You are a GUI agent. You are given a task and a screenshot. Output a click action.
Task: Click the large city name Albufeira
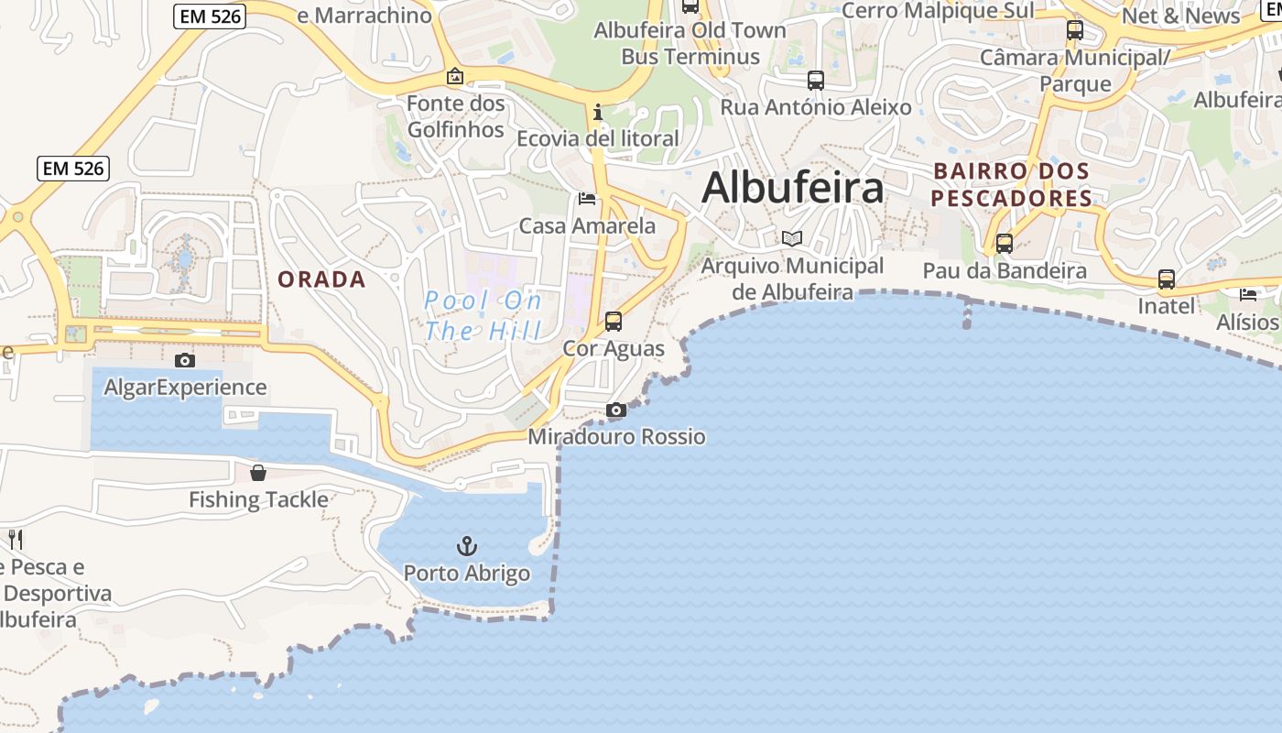click(x=792, y=188)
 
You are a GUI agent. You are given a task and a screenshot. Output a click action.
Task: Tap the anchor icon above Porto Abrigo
click(x=467, y=546)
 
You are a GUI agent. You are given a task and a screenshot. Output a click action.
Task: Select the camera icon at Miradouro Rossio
click(x=616, y=410)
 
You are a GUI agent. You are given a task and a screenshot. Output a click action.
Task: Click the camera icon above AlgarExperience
click(x=185, y=360)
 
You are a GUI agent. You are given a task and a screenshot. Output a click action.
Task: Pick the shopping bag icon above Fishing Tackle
click(x=258, y=473)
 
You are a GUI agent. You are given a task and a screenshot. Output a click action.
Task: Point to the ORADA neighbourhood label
click(x=321, y=279)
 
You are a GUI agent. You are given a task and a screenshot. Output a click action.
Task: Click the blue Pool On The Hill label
click(x=483, y=315)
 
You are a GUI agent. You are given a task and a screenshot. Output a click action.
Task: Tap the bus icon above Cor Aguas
click(x=614, y=322)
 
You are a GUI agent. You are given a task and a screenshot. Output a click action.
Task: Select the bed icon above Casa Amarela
click(x=587, y=199)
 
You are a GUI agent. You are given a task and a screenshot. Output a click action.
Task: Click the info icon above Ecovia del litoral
click(x=598, y=112)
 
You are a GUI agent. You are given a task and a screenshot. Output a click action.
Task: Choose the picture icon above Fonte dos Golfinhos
click(x=455, y=77)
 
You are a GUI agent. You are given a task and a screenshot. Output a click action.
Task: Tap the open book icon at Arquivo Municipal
click(x=792, y=239)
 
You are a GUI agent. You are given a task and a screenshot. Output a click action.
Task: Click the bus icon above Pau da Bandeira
click(x=1005, y=244)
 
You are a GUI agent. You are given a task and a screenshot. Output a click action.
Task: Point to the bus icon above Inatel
click(x=1166, y=279)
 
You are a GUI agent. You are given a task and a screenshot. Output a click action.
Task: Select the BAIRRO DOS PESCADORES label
click(x=1011, y=184)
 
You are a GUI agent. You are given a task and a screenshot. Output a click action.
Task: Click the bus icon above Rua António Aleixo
click(x=816, y=81)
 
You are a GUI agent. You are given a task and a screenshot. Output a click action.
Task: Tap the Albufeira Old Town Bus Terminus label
click(x=690, y=43)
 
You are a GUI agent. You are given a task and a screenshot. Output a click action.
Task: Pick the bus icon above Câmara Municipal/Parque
click(x=1075, y=31)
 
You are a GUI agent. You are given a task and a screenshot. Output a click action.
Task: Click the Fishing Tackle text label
click(x=258, y=499)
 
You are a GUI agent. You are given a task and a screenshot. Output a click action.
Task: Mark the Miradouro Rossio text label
click(x=616, y=436)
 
